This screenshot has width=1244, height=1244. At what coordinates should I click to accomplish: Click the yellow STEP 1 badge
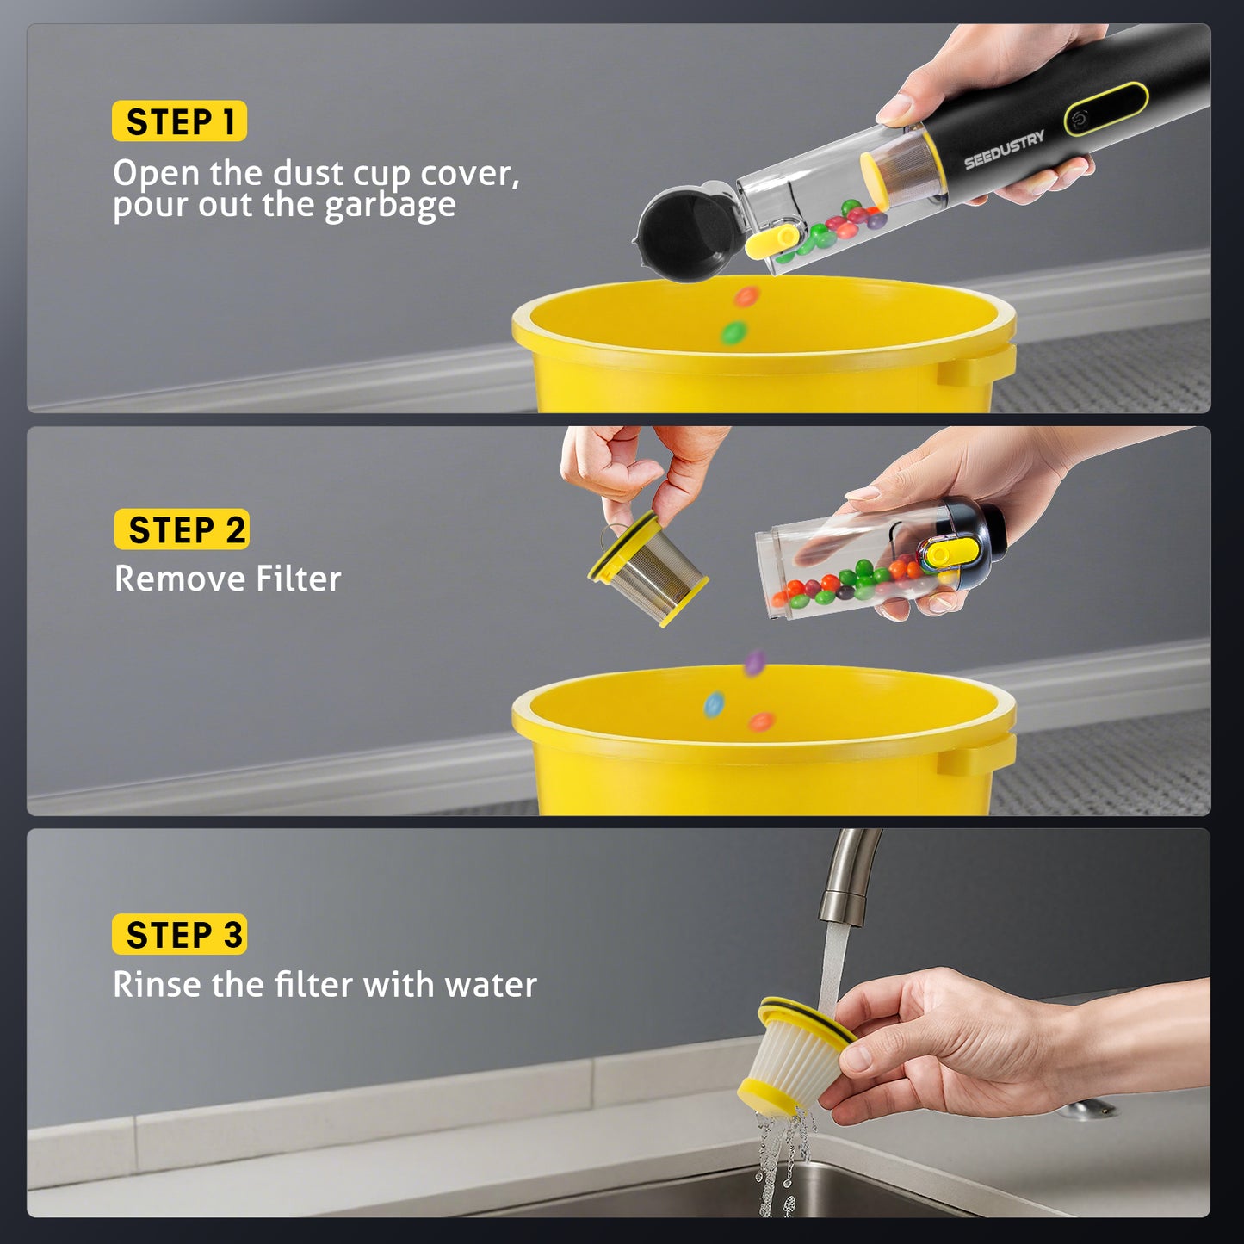point(179,121)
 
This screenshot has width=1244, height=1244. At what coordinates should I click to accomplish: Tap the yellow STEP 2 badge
point(182,529)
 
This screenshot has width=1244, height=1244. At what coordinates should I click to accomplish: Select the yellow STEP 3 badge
point(179,935)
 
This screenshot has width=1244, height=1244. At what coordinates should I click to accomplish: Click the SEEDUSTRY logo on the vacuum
point(1004,150)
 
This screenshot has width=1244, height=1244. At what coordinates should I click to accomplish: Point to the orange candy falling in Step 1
point(746,297)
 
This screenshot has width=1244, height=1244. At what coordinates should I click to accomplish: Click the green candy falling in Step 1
point(733,332)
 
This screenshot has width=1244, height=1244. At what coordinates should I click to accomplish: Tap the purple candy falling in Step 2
point(755,662)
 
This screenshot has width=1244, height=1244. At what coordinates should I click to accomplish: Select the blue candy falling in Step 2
point(714,705)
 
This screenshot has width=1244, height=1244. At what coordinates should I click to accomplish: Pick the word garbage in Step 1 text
point(390,207)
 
